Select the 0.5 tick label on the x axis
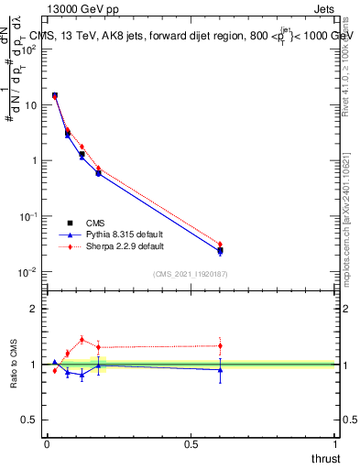tap(191, 443)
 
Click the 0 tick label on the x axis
tap(47, 443)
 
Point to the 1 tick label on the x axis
tap(335, 443)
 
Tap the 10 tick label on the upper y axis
tap(30, 105)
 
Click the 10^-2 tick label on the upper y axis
tap(27, 272)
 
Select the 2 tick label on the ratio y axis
tap(34, 309)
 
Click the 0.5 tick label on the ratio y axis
tap(30, 420)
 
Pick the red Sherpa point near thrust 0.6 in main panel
tap(220, 245)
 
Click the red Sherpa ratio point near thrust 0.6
tap(220, 345)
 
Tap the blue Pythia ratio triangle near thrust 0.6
tap(220, 369)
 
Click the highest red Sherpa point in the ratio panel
tap(82, 339)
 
